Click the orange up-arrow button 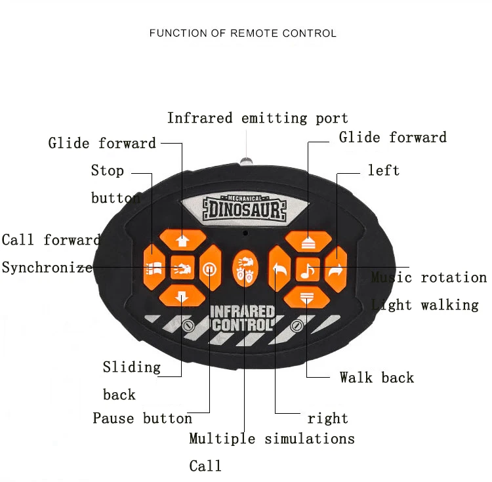point(182,241)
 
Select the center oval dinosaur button point(245,269)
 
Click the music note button point(308,269)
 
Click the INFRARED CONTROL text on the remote point(242,318)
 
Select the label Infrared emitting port point(257,118)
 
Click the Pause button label point(142,418)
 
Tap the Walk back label point(377,377)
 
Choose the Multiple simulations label point(272,439)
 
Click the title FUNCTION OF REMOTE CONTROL point(243,33)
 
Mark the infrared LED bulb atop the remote point(247,159)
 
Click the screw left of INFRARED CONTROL point(188,325)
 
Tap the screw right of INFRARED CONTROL point(297,325)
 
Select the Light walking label point(425,305)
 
